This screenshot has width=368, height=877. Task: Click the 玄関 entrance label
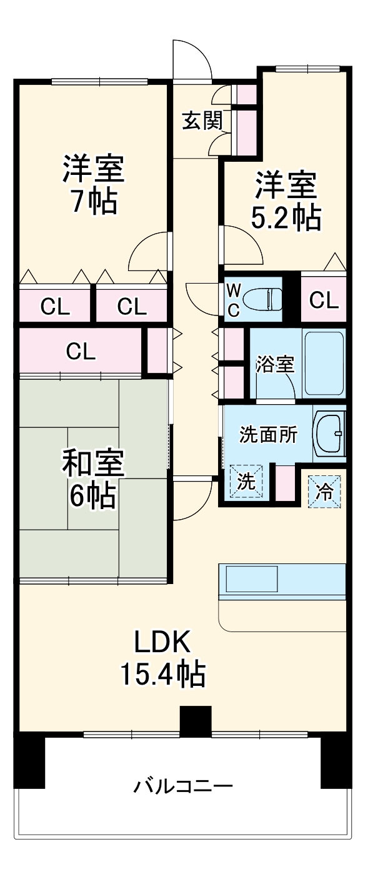tap(202, 121)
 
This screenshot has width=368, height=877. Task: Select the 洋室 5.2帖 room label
tap(286, 201)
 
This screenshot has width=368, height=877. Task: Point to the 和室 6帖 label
tap(92, 478)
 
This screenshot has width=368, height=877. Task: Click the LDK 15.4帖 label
tap(163, 657)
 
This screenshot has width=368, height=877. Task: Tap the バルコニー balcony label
tap(183, 785)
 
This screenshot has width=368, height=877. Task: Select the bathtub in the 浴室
tap(323, 362)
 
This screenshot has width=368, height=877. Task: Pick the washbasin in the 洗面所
tap(329, 434)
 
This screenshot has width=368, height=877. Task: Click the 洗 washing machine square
tap(246, 482)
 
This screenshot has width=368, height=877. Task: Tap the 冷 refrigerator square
tap(324, 489)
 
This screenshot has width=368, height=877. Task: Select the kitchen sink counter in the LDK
tap(281, 581)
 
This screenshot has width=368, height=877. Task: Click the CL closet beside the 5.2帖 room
tap(324, 300)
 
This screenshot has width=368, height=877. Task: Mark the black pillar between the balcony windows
tap(196, 722)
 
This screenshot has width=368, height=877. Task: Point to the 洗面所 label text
tap(269, 435)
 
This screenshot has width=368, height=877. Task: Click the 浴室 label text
tap(275, 364)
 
